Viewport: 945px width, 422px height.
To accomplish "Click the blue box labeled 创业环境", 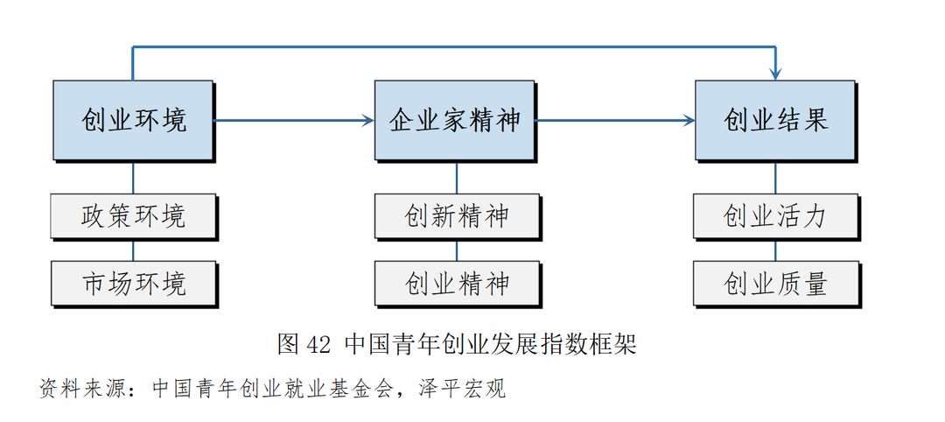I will point(133,120).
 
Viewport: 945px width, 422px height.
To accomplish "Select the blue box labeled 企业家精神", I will point(454,120).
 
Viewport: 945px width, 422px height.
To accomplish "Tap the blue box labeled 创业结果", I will point(774,120).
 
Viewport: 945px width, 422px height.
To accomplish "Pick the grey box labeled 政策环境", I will point(133,216).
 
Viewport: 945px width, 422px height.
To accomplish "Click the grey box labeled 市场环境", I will point(133,283).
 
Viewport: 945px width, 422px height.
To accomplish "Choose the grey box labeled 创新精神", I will point(456,216).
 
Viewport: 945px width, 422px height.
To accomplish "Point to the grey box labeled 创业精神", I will point(456,283).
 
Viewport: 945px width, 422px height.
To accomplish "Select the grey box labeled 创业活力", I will point(774,216).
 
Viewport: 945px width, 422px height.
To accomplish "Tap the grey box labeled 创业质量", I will point(774,283).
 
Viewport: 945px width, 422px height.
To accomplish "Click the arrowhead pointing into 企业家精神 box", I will point(367,120).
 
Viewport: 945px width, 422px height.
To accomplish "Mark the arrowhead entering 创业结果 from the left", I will point(689,120).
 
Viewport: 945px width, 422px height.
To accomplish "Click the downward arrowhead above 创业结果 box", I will point(775,74).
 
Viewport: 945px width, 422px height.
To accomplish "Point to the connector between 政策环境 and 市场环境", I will point(133,250).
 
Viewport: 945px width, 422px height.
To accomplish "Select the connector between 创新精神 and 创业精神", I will point(456,250).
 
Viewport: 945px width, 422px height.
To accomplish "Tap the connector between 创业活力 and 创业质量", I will point(775,250).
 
